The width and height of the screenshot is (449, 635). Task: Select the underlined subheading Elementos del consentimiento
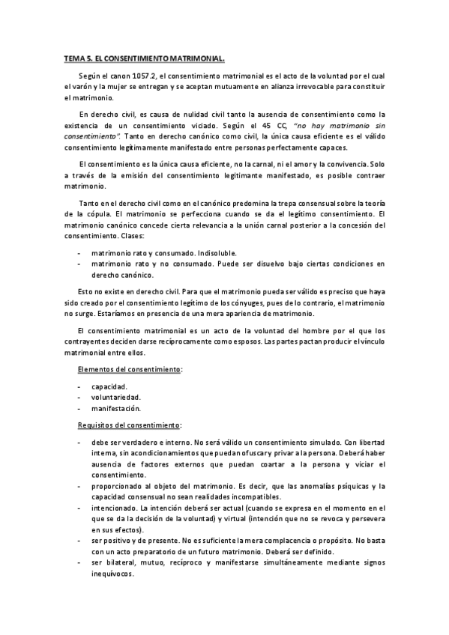pyautogui.click(x=129, y=369)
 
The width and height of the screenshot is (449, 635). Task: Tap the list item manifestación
pyautogui.click(x=116, y=409)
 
